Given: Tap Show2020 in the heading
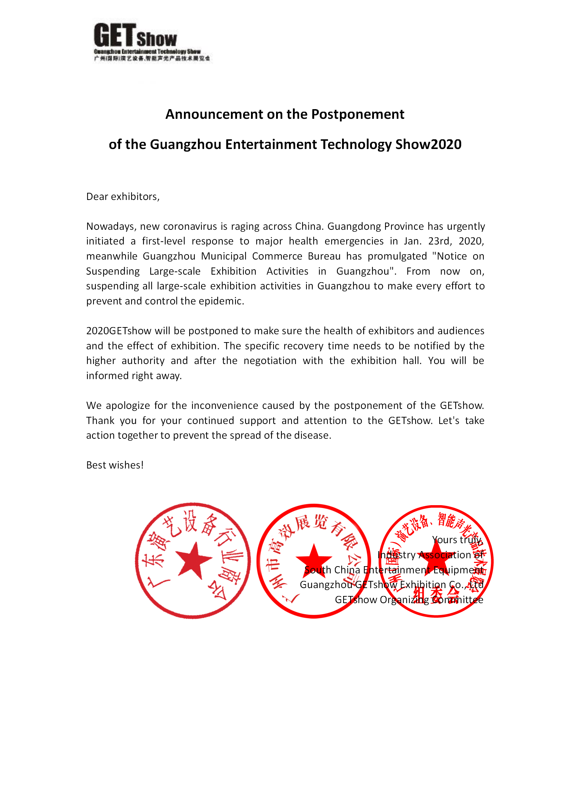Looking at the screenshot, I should click(x=428, y=144).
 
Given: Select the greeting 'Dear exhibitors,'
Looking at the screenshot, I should click(x=123, y=197).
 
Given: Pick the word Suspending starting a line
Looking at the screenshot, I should click(x=113, y=271).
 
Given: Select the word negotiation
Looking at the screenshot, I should click(x=270, y=361).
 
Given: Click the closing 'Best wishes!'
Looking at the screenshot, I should click(x=115, y=465).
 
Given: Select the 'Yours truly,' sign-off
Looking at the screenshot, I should click(x=457, y=540).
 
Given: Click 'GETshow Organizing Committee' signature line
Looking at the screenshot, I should click(x=409, y=600).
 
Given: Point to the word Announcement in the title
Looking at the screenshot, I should click(x=214, y=114).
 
